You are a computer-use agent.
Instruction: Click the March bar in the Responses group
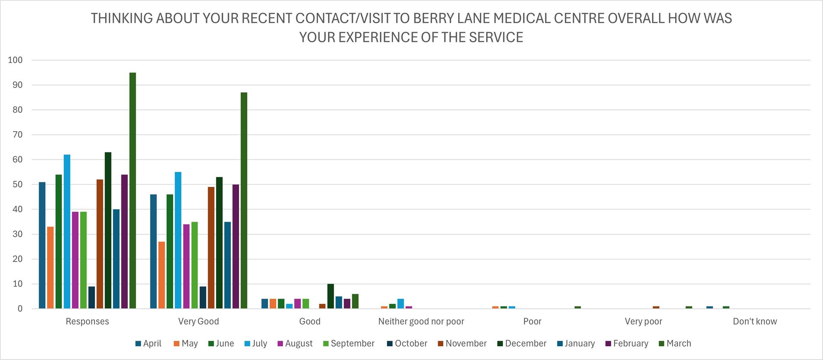pos(132,191)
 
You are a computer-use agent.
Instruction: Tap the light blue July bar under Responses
pos(67,231)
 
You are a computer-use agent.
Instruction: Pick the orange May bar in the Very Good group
pos(162,275)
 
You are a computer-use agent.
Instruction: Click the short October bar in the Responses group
pos(92,297)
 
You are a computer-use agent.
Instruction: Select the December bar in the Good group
pos(330,296)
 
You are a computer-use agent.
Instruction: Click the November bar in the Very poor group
pos(656,307)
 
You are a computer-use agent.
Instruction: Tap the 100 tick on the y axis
pos(15,60)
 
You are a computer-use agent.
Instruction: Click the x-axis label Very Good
pos(198,321)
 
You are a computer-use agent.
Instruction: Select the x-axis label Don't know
pos(754,321)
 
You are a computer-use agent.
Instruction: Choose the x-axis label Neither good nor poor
pos(421,321)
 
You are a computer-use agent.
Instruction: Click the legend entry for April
pos(148,344)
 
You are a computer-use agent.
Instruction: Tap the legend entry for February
pos(626,344)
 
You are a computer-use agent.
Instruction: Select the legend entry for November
pos(462,344)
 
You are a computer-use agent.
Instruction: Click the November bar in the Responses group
pos(100,244)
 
